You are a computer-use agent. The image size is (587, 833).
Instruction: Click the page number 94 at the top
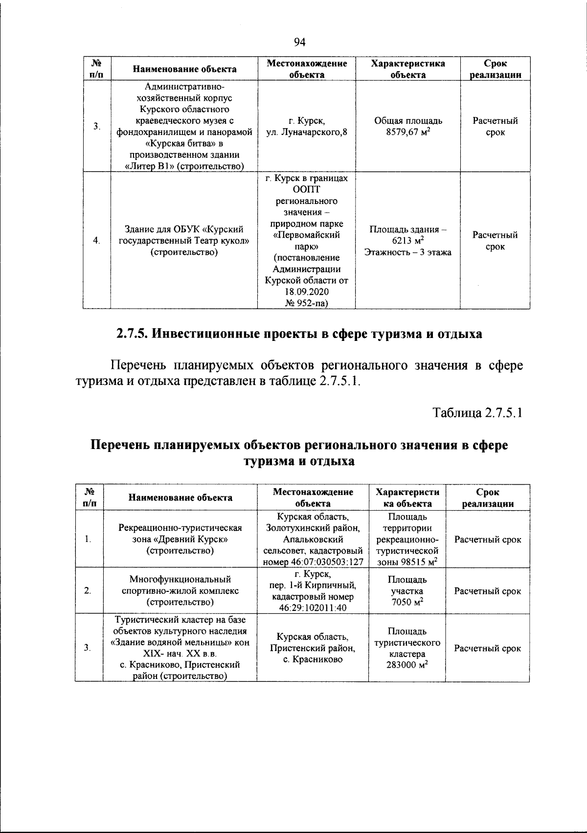click(299, 43)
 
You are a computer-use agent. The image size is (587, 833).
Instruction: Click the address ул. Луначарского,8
click(307, 132)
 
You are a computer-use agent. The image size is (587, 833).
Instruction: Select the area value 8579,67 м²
click(408, 132)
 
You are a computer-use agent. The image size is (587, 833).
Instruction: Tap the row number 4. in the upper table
click(96, 240)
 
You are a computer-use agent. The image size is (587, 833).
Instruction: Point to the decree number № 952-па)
click(307, 303)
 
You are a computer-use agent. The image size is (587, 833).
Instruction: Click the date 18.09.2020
click(307, 292)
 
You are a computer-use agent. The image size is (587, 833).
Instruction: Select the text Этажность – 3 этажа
click(408, 252)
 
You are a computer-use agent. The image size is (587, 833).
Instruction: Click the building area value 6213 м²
click(408, 241)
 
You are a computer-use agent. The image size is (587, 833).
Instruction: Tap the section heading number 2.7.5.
click(132, 334)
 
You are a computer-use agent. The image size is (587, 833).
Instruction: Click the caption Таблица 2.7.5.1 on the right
click(478, 413)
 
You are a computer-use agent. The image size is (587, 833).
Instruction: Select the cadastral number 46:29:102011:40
click(313, 608)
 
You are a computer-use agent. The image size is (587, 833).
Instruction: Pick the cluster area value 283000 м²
click(407, 666)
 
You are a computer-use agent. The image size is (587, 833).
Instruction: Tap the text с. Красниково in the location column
click(313, 659)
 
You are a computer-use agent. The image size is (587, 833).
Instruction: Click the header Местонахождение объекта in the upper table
click(307, 69)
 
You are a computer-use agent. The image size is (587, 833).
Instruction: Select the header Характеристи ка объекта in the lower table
click(407, 497)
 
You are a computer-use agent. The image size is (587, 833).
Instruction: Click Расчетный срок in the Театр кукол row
click(495, 241)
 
